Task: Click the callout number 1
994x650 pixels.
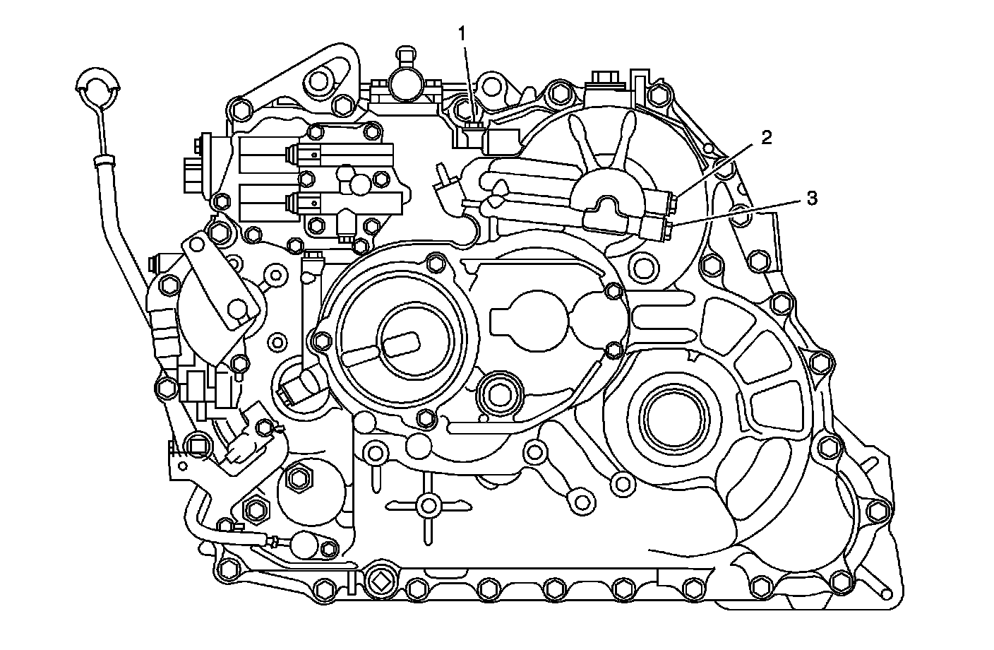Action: tap(462, 33)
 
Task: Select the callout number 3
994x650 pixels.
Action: tap(812, 199)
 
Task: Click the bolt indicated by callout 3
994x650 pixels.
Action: tap(665, 226)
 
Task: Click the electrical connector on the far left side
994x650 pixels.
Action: tap(191, 172)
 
